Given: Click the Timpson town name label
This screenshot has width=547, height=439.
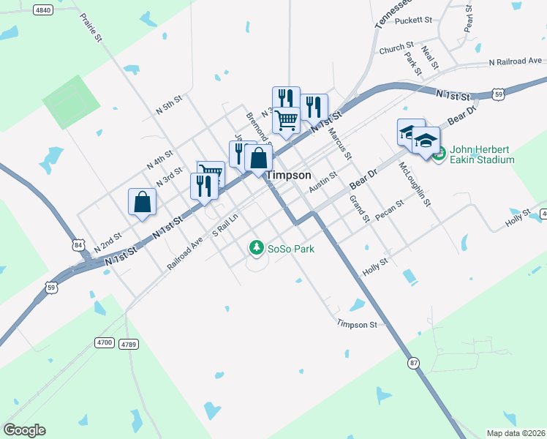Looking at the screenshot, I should [290, 176].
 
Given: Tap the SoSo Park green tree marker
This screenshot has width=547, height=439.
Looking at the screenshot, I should [256, 248].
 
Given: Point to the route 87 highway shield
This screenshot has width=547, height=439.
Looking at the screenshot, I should [414, 362].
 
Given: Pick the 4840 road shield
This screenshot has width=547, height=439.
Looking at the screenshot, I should [43, 10].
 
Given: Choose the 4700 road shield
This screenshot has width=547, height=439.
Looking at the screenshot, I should [105, 342].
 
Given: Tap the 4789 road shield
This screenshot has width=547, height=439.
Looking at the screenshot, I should [129, 344].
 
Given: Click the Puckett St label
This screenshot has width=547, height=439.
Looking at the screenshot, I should [414, 20].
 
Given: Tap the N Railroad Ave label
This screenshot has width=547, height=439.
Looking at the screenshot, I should [516, 61].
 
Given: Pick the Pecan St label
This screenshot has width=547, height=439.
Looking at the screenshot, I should [389, 211].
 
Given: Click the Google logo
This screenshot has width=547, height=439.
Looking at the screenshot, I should [24, 430].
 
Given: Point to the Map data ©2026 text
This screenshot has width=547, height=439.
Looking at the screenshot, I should [515, 433].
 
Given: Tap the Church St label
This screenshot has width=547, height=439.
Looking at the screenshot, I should [396, 48].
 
